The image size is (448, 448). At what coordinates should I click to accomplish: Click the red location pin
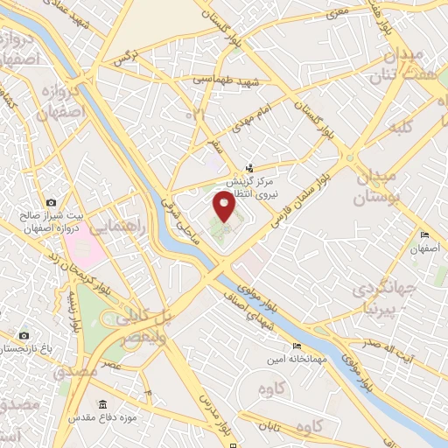(x=225, y=207)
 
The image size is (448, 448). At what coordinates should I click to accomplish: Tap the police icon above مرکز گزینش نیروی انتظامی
(x=250, y=167)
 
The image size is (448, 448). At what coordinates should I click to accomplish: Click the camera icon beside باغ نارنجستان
(x=24, y=336)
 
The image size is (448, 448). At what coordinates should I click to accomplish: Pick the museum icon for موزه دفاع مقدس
(x=103, y=404)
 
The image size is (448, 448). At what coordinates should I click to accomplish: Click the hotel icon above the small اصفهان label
(x=423, y=235)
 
